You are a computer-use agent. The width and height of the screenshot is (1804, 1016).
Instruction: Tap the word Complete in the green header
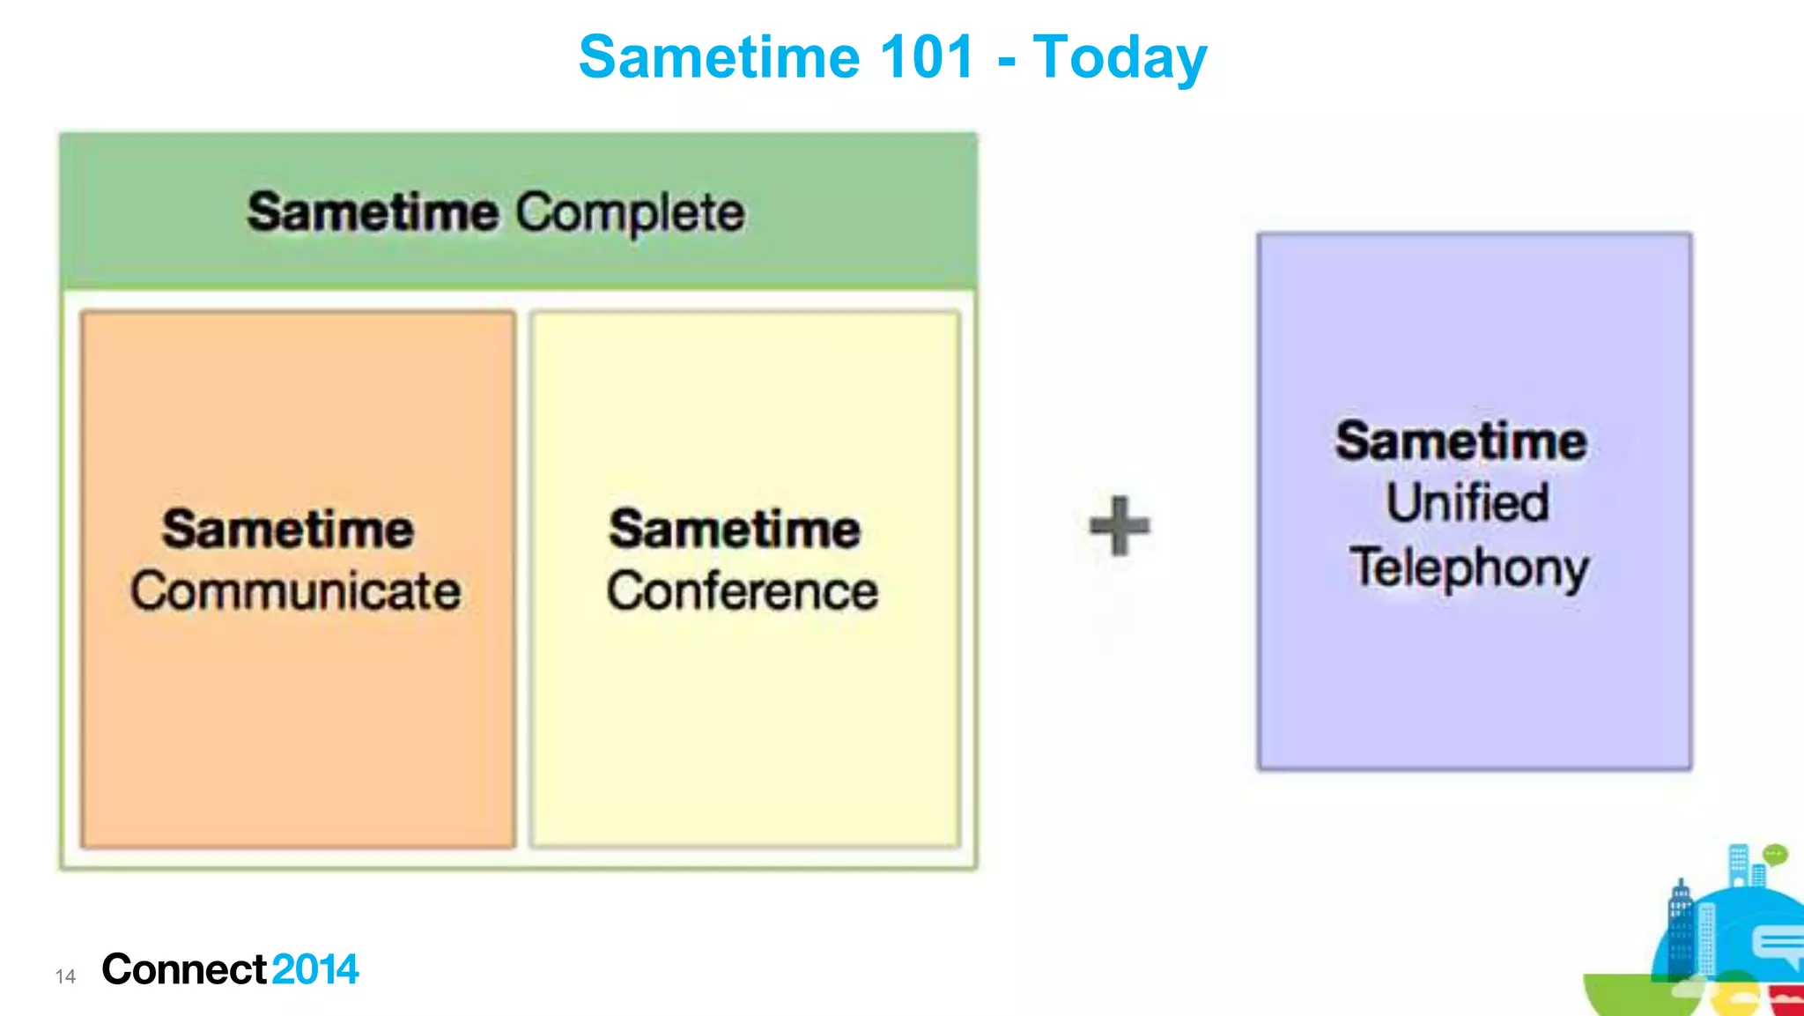[630, 213]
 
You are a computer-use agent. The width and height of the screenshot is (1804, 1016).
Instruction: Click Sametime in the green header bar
[372, 213]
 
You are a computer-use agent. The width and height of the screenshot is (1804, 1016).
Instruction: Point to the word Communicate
[296, 591]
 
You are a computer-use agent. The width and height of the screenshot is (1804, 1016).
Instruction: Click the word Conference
[742, 591]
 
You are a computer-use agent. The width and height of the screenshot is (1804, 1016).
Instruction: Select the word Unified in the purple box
[1468, 503]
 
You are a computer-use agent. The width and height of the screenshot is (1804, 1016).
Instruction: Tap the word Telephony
[1469, 568]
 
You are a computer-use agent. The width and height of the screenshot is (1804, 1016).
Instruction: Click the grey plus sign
[1119, 526]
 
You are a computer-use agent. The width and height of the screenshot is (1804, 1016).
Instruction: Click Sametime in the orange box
[287, 530]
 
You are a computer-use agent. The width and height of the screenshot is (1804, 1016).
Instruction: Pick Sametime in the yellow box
[735, 530]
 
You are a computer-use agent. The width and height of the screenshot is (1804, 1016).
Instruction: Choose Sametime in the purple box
[1460, 441]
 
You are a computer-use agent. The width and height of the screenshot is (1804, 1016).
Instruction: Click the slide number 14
[65, 976]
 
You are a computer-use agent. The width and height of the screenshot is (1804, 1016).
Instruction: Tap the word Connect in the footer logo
[183, 969]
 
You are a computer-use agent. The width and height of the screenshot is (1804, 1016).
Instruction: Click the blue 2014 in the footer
[314, 969]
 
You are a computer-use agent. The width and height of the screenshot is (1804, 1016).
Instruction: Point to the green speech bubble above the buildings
[1775, 854]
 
